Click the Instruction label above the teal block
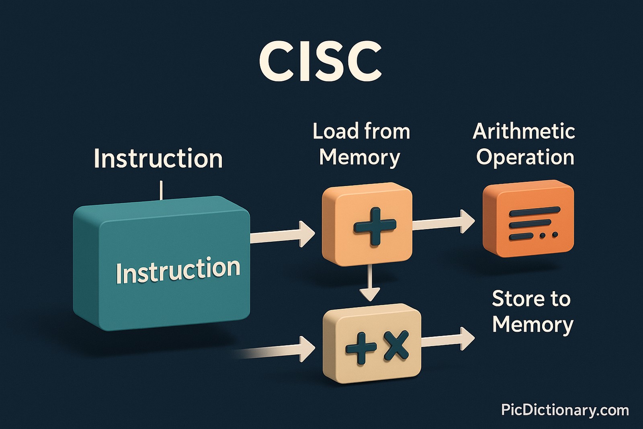[x=158, y=158]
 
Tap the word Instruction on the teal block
[x=178, y=270]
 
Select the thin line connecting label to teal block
[x=161, y=190]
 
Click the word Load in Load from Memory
[x=335, y=132]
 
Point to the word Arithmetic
[x=524, y=132]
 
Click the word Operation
[x=525, y=157]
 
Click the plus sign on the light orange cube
[x=375, y=226]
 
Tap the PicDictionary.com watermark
[x=565, y=410]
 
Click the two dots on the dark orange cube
[x=549, y=235]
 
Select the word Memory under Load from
[x=360, y=157]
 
